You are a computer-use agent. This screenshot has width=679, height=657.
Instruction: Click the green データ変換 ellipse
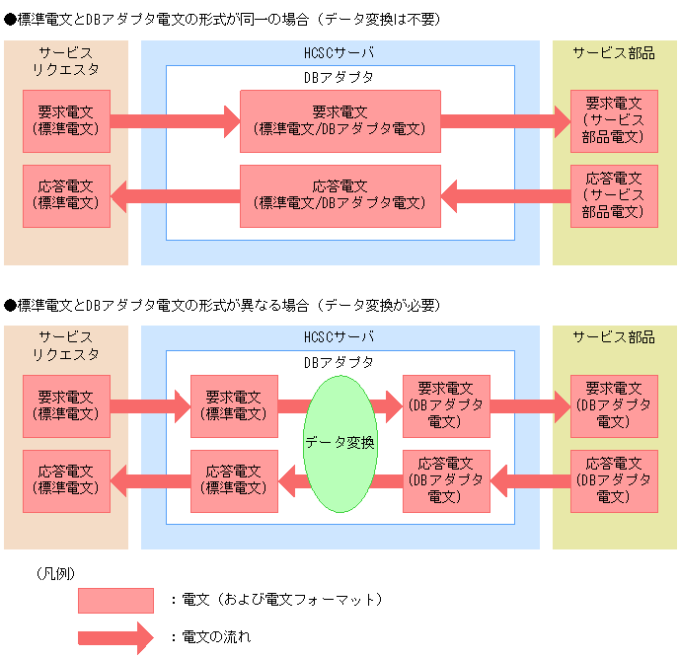pos(339,443)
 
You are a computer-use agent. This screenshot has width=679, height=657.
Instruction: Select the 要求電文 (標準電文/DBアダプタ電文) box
pos(339,120)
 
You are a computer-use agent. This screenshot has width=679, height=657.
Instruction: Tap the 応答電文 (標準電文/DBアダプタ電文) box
pos(339,194)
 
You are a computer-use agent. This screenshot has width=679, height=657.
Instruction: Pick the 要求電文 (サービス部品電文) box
pos(614,120)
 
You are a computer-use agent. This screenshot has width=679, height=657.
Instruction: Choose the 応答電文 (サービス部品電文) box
pos(614,194)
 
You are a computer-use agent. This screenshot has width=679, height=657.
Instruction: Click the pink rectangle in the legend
pos(115,600)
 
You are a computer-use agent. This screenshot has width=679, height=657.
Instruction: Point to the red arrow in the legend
pos(115,636)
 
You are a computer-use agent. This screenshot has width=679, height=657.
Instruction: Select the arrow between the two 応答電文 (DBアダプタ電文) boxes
pos(530,480)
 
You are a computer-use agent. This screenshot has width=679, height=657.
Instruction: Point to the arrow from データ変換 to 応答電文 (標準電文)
pos(292,480)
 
